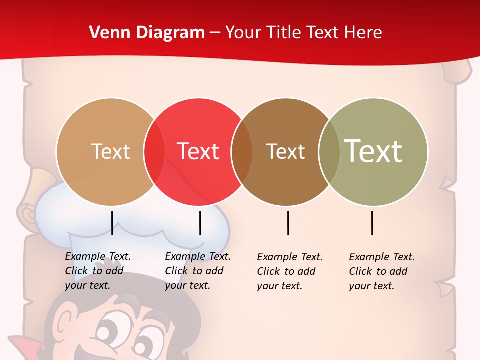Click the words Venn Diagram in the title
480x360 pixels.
pyautogui.click(x=147, y=32)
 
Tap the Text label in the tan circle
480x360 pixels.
pyautogui.click(x=110, y=151)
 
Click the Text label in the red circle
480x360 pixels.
pyautogui.click(x=198, y=151)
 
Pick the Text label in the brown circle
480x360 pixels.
pyautogui.click(x=285, y=151)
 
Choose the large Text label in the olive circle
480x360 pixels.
pyautogui.click(x=373, y=151)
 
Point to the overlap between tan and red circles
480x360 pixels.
pyautogui.click(x=154, y=151)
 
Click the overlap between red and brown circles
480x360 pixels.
pyautogui.click(x=242, y=151)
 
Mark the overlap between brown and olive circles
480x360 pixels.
pyautogui.click(x=329, y=151)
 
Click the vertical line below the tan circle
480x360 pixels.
pyautogui.click(x=112, y=223)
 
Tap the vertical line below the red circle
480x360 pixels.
pyautogui.click(x=200, y=223)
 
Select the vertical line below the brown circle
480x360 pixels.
pyautogui.click(x=288, y=223)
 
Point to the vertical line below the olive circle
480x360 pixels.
pyautogui.click(x=372, y=223)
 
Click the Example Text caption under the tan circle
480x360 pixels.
pyautogui.click(x=97, y=271)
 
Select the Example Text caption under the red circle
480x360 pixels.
pyautogui.click(x=197, y=271)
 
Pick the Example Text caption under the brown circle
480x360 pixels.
pyautogui.click(x=289, y=271)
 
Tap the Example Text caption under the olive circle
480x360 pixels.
pyautogui.click(x=381, y=271)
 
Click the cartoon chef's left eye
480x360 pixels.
pyautogui.click(x=107, y=332)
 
